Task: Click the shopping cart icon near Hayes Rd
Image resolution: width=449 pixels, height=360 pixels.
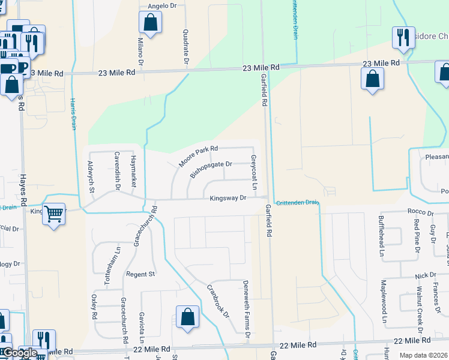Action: coord(54,213)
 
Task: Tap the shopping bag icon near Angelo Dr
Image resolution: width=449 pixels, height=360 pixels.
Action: coord(150,23)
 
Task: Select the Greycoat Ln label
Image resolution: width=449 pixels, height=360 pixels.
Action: coord(254,174)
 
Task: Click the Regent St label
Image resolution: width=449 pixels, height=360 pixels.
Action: coord(140,274)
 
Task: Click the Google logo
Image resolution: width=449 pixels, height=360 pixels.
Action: coord(19,353)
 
